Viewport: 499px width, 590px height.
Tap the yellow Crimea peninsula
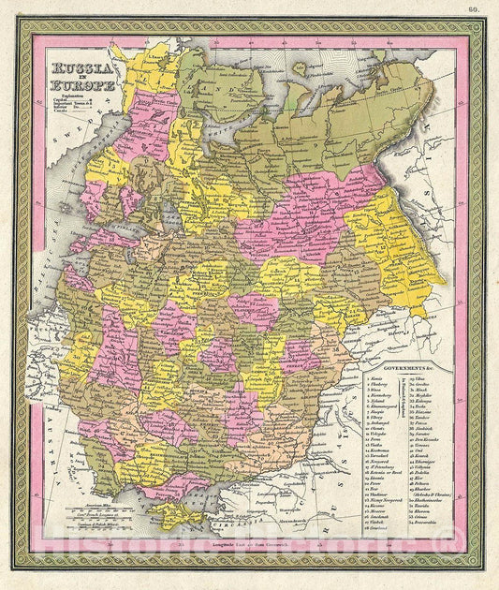pyautogui.click(x=175, y=511)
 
